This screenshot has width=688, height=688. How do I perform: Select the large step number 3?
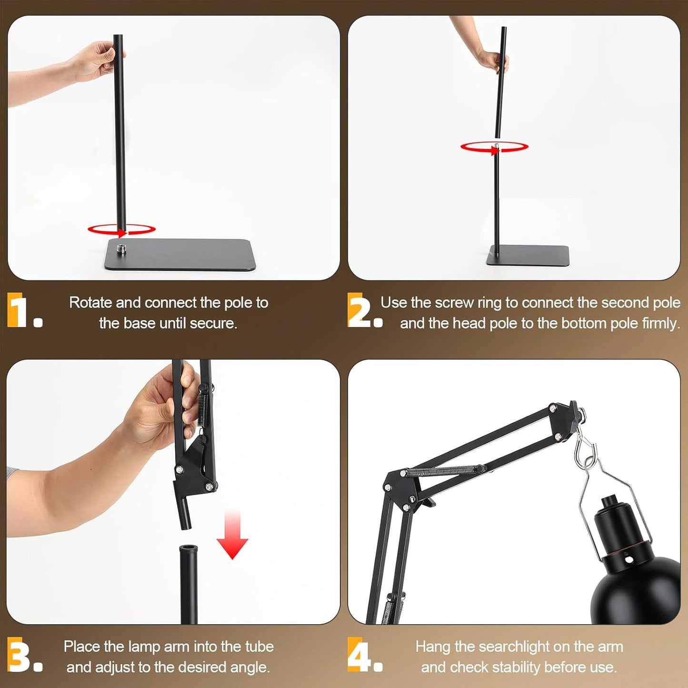(x=19, y=654)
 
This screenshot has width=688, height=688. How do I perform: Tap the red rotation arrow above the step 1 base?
(x=121, y=230)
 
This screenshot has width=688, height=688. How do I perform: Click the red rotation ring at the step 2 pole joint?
(x=494, y=148)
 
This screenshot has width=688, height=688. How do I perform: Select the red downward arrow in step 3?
(x=232, y=536)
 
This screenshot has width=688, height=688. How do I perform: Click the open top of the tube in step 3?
(x=189, y=548)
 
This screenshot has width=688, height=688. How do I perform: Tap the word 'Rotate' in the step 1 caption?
(x=90, y=303)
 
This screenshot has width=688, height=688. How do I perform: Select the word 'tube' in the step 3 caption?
(x=259, y=647)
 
